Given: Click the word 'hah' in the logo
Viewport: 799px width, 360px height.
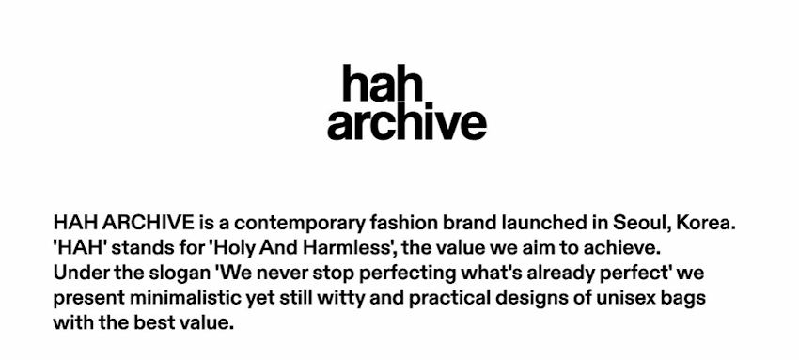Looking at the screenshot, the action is [x=383, y=83].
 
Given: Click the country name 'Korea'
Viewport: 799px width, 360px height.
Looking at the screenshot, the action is [x=705, y=224].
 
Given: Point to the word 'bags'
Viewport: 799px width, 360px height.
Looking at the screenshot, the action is [x=685, y=298].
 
